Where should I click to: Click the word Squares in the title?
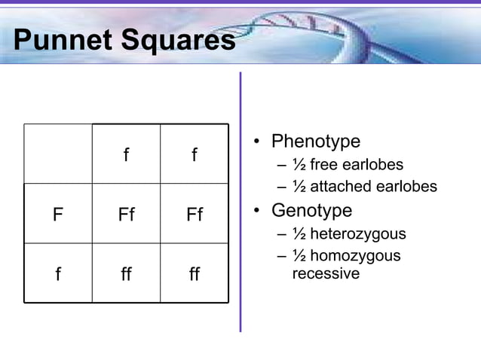[x=178, y=41]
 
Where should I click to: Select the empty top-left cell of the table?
[x=58, y=154]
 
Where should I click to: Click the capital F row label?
[x=57, y=215]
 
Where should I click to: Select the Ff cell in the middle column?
[x=126, y=215]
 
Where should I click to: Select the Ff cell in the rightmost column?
[x=195, y=215]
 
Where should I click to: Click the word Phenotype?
[x=316, y=142]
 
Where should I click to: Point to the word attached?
[x=342, y=186]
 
